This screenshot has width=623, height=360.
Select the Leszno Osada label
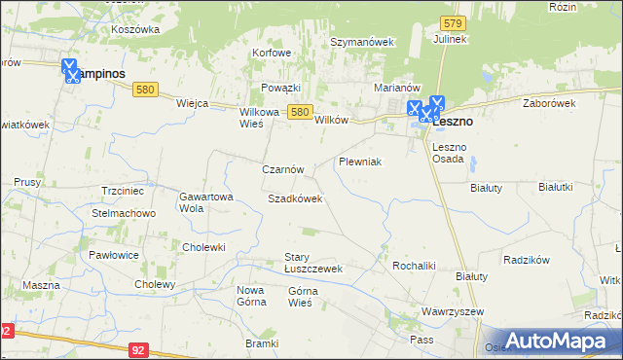pos(449,152)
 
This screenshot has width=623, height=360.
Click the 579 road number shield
pos(451,21)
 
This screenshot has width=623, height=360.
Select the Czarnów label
pos(283,169)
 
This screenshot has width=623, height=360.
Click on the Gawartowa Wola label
pos(204,201)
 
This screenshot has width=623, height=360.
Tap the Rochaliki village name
pos(412,265)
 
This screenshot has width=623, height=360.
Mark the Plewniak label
pos(359,161)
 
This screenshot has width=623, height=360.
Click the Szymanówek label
pos(361,43)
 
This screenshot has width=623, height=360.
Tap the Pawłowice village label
pos(115,255)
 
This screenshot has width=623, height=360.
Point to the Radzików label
pos(527,260)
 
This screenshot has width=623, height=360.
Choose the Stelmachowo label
pos(124,213)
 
